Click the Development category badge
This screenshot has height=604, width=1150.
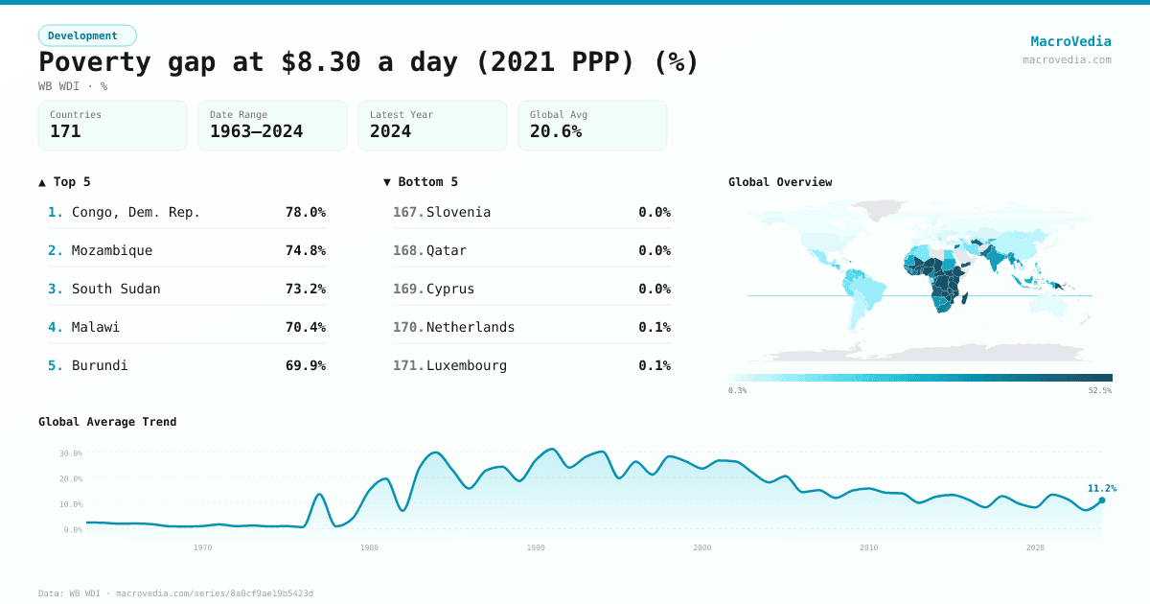[87, 35]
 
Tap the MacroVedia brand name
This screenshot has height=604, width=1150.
[1070, 41]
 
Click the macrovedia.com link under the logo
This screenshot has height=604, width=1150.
[1067, 59]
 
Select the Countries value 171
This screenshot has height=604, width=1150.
[65, 131]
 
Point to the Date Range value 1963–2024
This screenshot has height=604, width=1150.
[256, 131]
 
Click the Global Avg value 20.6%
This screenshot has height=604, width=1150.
[556, 131]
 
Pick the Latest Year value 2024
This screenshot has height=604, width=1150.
[390, 131]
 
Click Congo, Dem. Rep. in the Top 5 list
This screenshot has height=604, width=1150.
[136, 212]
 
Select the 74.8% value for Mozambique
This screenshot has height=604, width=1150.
[305, 250]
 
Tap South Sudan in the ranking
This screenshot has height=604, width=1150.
[116, 289]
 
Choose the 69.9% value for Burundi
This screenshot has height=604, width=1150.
[305, 365]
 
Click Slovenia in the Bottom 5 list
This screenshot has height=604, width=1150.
[458, 212]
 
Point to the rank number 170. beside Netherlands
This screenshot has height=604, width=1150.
[408, 327]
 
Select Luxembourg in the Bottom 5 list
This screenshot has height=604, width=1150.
[467, 365]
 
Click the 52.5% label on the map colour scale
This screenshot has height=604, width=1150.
[1100, 390]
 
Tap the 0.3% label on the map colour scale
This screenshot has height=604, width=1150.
[737, 390]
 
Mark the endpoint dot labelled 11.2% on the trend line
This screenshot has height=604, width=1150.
[1101, 500]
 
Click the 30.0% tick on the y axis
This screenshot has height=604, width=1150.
[71, 453]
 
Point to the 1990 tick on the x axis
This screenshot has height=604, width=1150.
[536, 547]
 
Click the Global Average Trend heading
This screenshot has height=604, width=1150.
[107, 422]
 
